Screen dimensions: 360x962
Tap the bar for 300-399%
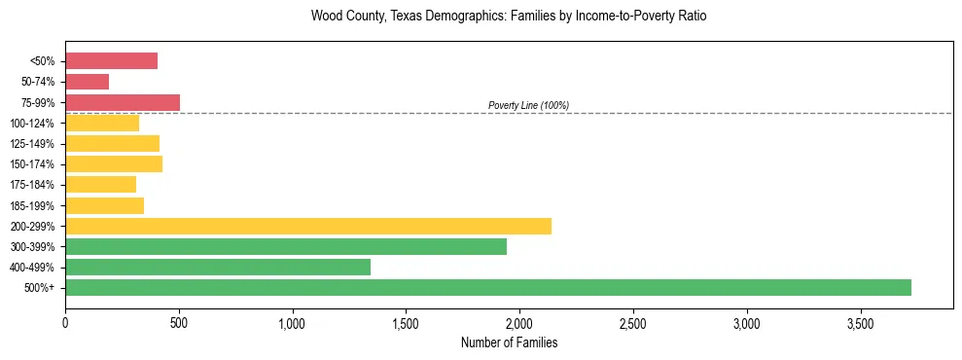(x=286, y=246)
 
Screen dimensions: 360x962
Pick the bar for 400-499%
(x=218, y=267)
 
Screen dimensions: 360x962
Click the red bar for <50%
(x=111, y=61)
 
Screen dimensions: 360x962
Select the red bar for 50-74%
(x=87, y=82)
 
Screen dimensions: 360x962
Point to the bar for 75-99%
(x=123, y=102)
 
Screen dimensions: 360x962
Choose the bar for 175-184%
(x=100, y=185)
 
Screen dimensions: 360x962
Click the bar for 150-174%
(x=114, y=163)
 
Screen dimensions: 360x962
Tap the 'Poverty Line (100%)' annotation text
(x=528, y=105)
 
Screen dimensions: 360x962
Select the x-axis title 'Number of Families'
(x=509, y=342)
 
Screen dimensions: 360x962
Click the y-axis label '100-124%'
(x=32, y=124)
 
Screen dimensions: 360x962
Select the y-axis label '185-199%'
(x=32, y=206)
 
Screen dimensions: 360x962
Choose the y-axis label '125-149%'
(x=32, y=144)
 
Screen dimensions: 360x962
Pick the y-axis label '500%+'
(x=39, y=288)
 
